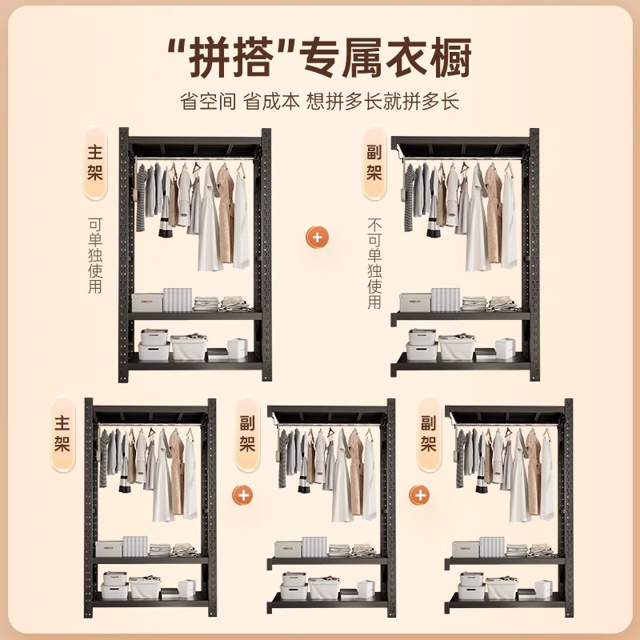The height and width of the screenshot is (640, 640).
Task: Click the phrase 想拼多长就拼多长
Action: tap(388, 102)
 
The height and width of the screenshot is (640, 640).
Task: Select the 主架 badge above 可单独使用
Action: tap(95, 162)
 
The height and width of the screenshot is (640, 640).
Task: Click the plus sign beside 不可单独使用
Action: tap(318, 238)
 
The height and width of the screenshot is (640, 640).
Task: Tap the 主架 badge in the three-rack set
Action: tap(62, 433)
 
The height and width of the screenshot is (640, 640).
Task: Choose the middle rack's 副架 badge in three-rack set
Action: tap(247, 433)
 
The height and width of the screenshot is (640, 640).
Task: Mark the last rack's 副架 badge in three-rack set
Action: tap(428, 433)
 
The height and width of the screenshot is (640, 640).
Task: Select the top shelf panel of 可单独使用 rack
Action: tap(195, 148)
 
